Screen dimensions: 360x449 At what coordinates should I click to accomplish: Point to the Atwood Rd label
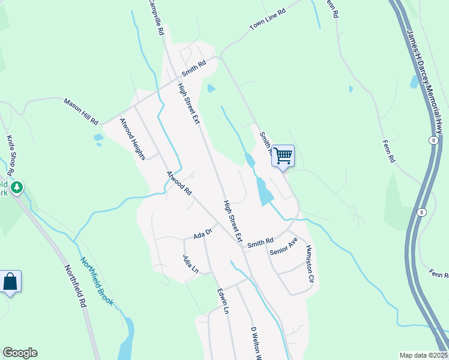coord(179,184)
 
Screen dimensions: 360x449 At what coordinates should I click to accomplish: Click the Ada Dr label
coord(203,233)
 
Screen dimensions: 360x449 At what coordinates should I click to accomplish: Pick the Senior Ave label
coord(283,245)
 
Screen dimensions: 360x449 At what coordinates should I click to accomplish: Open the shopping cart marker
coord(283,156)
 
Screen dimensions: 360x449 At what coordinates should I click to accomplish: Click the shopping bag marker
coord(10,281)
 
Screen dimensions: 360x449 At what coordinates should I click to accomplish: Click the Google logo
coord(20,353)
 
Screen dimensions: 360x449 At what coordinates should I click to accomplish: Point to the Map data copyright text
coord(423,355)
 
